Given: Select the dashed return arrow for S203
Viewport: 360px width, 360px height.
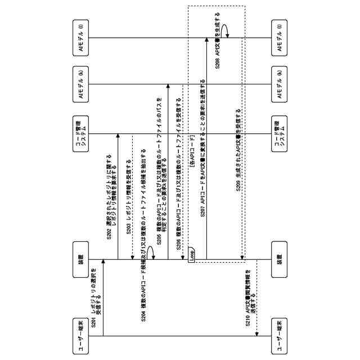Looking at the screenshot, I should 132,197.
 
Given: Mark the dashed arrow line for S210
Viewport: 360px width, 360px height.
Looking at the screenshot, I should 256,298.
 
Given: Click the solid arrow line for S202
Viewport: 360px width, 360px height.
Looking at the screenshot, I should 118,197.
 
